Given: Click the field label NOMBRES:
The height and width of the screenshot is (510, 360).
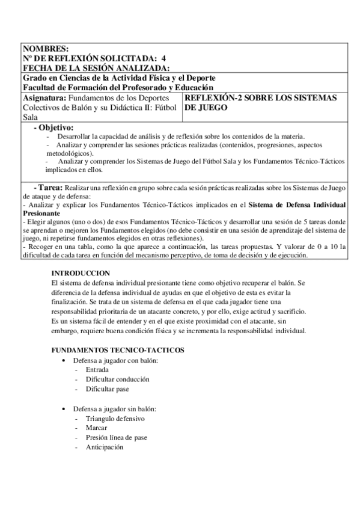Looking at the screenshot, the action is coord(46,49).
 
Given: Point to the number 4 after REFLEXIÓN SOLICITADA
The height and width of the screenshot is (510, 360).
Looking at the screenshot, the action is coord(163,58).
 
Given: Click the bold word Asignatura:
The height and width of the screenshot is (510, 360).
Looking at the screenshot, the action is coord(44,97).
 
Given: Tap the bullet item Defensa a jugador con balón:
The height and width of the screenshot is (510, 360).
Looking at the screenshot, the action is coord(116,360).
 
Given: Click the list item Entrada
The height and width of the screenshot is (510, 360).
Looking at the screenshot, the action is coord(97,370).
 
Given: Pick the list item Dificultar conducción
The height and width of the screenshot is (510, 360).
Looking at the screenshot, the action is coord(118,379).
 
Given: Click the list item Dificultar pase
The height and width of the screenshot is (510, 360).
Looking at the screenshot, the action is coord(108,389).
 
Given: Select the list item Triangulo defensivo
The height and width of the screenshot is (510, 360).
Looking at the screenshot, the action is coord(115,419).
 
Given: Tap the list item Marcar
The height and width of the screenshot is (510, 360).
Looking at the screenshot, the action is coord(97,428).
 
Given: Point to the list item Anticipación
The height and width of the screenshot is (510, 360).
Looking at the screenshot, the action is coord(105,447).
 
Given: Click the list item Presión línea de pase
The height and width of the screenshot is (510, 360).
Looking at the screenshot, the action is coord(117,438).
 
